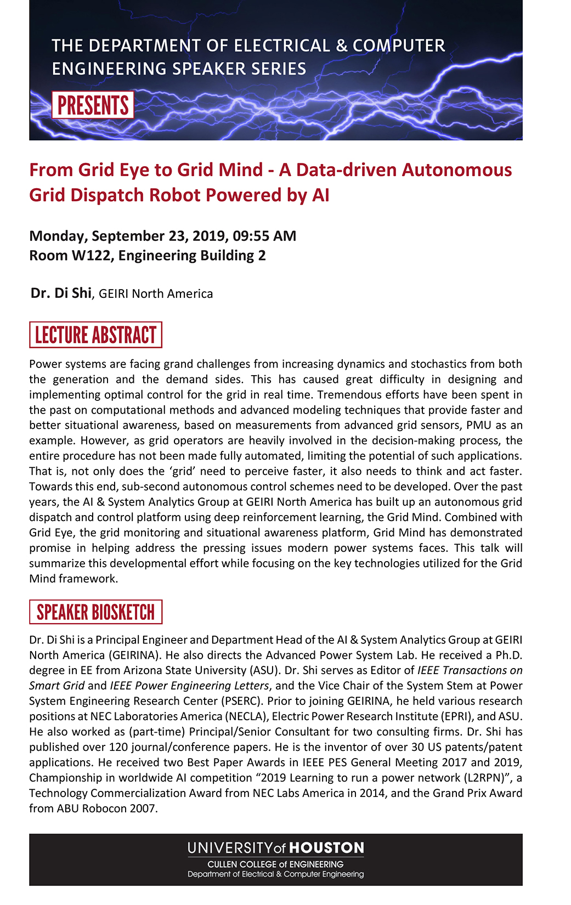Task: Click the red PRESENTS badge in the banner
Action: (93, 105)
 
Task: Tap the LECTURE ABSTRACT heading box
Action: (95, 335)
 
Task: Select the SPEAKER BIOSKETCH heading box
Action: (95, 612)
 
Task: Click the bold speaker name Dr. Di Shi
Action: (61, 293)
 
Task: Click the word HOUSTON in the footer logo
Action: (326, 848)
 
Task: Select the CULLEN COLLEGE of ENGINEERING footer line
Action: (275, 864)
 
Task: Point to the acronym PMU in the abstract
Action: (479, 425)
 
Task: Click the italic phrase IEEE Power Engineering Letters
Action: (189, 686)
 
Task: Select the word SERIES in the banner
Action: (279, 69)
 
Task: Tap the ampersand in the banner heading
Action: (342, 46)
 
